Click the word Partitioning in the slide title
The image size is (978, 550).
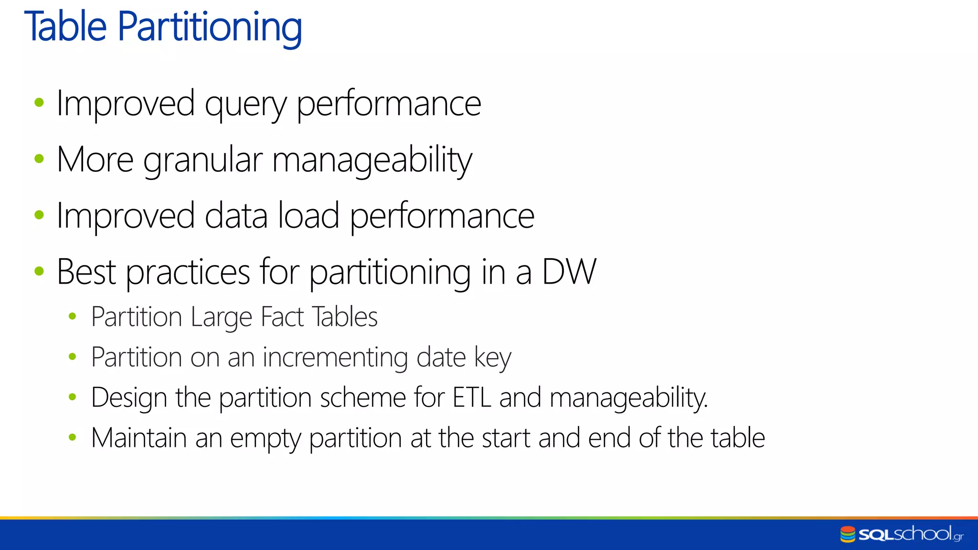click(x=210, y=27)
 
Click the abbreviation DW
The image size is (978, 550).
click(x=569, y=272)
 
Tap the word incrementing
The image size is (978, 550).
click(x=335, y=358)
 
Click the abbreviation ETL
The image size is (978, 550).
click(x=472, y=397)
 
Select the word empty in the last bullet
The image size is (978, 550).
click(x=265, y=438)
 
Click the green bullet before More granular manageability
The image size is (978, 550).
click(x=39, y=159)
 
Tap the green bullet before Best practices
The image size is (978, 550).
click(x=39, y=271)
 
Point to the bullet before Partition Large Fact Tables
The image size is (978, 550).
click(x=73, y=316)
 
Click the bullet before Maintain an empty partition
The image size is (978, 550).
click(x=73, y=437)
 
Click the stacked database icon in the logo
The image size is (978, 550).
click(x=848, y=534)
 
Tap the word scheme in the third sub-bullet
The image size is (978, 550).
click(x=363, y=397)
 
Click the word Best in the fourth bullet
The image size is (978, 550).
click(x=86, y=272)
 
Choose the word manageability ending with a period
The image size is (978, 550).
click(x=628, y=398)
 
